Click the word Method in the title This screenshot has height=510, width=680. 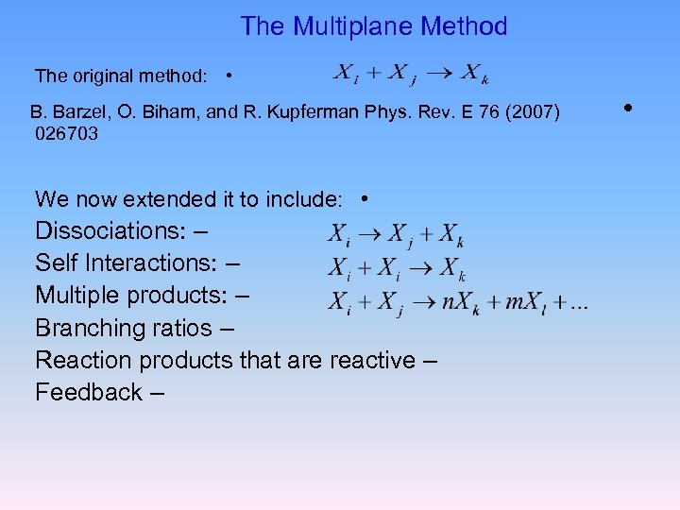(x=464, y=26)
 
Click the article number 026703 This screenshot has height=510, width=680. (x=66, y=134)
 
